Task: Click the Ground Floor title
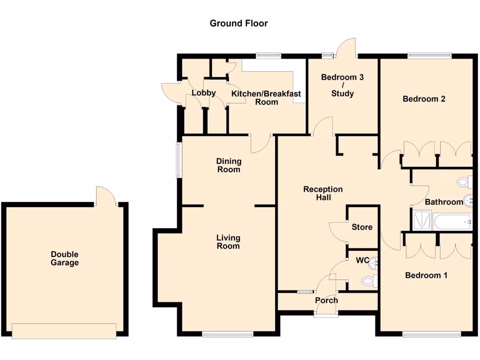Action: click(x=239, y=23)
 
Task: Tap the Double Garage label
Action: click(x=65, y=258)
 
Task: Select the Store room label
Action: click(x=362, y=227)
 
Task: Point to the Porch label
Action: click(x=326, y=300)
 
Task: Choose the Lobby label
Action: click(x=203, y=92)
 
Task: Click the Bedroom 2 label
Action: click(x=424, y=99)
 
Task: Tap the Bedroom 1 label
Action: click(x=426, y=275)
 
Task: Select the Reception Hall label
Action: click(x=323, y=193)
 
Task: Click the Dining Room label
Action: click(x=228, y=165)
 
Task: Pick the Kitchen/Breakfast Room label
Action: click(x=266, y=97)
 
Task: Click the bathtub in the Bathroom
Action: click(x=452, y=221)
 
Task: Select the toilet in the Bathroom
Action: click(x=465, y=181)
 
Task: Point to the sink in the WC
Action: click(x=374, y=265)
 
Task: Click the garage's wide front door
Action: click(x=64, y=330)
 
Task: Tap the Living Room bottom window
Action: click(x=228, y=334)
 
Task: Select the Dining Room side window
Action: click(x=179, y=160)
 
